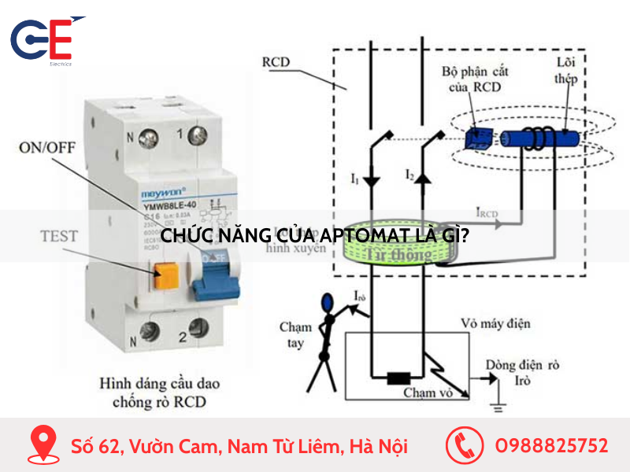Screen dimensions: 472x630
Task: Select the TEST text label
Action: [59, 235]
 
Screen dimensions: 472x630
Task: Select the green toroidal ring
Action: [397, 244]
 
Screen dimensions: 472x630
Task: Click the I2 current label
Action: [410, 174]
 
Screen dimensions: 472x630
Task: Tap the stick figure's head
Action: [327, 301]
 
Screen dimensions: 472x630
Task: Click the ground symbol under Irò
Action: [498, 407]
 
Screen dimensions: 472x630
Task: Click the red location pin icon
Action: [43, 446]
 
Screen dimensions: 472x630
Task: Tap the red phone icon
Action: [464, 446]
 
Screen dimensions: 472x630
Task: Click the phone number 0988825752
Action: [550, 446]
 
